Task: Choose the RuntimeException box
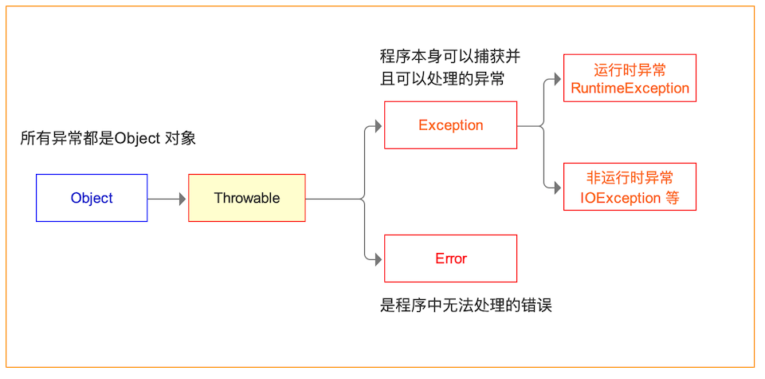[x=630, y=78]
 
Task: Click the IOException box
[x=630, y=187]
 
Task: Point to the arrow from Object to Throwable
[x=167, y=198]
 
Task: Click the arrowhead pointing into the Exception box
[x=379, y=125]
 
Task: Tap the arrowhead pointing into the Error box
[x=379, y=259]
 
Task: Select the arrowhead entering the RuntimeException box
[x=558, y=78]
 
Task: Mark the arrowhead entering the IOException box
[x=558, y=187]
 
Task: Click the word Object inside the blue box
[x=92, y=198]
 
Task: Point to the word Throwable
[x=247, y=198]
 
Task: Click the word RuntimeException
[x=630, y=88]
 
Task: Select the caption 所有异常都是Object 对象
[x=108, y=138]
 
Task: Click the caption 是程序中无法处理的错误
[x=466, y=306]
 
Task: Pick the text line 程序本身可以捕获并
[x=450, y=57]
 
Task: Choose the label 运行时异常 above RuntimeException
[x=630, y=69]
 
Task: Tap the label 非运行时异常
[x=630, y=177]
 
